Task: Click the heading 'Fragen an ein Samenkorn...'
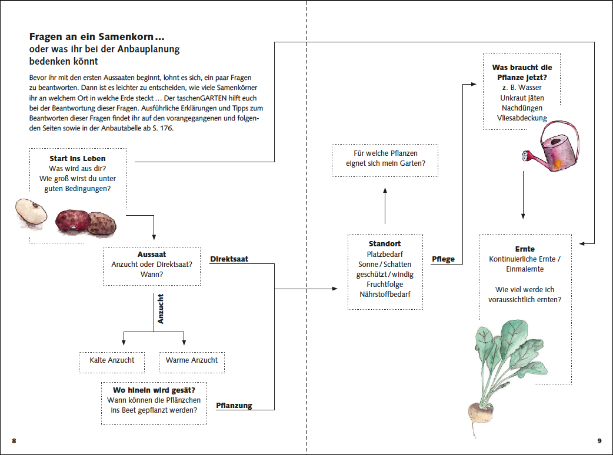[97, 36]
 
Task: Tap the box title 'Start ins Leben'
[78, 159]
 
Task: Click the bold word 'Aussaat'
[152, 255]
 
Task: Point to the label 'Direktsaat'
[229, 259]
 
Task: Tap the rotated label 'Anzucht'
[160, 309]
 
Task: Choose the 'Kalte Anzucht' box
[112, 360]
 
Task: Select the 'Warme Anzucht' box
[192, 360]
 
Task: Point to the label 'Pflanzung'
[234, 406]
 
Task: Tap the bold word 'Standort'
[385, 243]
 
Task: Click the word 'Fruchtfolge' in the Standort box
[385, 284]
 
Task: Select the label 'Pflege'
[444, 259]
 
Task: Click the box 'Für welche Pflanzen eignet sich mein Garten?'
[385, 159]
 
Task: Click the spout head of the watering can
[525, 156]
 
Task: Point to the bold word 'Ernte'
[524, 249]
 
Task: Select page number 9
[599, 440]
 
